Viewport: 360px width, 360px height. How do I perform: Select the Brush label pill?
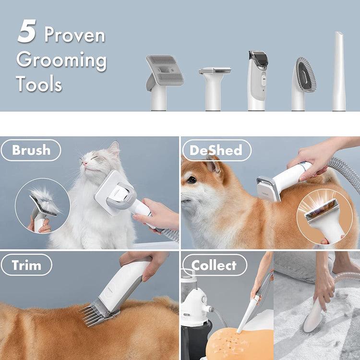coord(31,150)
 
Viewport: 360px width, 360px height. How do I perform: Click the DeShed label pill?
coord(216,150)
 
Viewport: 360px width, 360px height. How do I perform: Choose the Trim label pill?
coord(26,265)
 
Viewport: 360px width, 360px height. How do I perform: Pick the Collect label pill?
coord(214,265)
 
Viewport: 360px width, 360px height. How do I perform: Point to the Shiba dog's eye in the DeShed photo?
coord(192,180)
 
